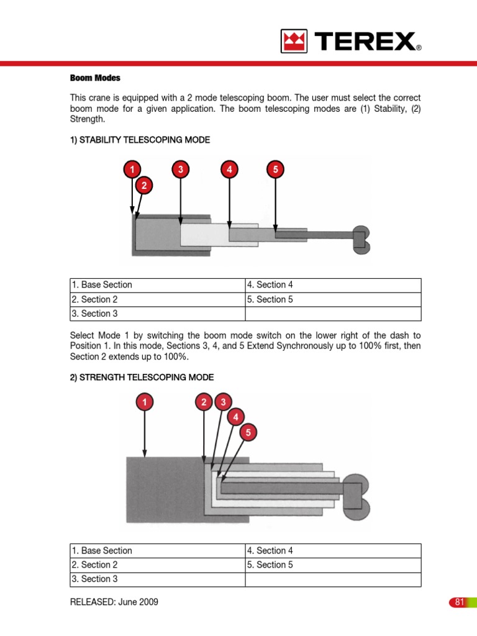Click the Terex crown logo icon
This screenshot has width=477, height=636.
[x=295, y=42]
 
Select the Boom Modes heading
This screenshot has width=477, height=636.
[x=94, y=78]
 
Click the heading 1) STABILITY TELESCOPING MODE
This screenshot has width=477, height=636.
[x=140, y=140]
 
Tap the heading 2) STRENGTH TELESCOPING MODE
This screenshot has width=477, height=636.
[x=142, y=377]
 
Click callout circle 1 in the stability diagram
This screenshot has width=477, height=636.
[x=131, y=169]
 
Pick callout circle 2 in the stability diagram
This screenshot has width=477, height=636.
[x=143, y=184]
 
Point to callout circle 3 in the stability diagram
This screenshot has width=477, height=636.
[x=180, y=169]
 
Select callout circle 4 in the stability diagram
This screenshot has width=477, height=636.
[x=229, y=169]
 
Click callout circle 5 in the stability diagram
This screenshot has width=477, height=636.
[x=275, y=169]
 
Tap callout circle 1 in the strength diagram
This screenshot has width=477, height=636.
[x=144, y=402]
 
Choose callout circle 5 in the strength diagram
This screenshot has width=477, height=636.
[x=248, y=432]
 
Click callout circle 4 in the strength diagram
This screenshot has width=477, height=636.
[x=235, y=417]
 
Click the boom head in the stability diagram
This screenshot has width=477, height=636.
[x=361, y=240]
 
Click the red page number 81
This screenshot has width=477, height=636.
[x=460, y=602]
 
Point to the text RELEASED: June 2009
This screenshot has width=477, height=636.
[x=114, y=602]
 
